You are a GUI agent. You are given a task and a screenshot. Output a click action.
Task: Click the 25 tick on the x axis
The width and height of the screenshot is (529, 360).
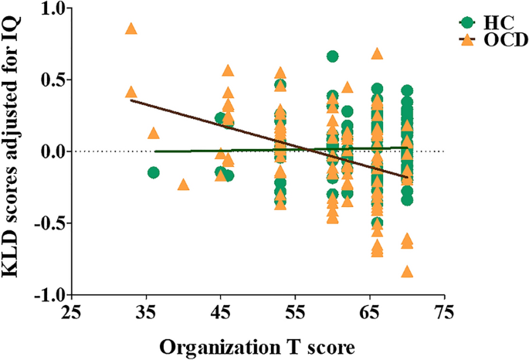click(x=71, y=313)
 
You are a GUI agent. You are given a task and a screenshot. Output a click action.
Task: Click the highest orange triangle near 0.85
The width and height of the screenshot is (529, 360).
click(x=131, y=29)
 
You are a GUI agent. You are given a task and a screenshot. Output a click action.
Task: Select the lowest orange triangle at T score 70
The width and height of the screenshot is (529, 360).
click(x=407, y=271)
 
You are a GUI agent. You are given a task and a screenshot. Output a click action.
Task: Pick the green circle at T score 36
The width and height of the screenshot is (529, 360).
click(x=154, y=172)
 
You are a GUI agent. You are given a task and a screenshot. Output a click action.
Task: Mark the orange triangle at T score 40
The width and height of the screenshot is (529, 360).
click(x=183, y=185)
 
